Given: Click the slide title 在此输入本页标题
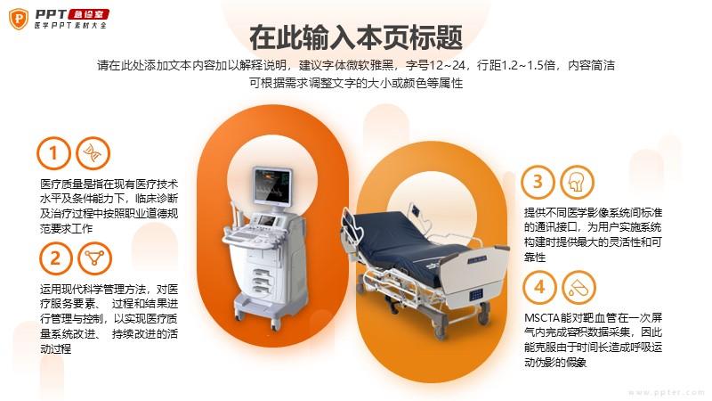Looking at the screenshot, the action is click(356, 37).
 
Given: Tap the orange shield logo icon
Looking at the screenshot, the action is click(19, 19).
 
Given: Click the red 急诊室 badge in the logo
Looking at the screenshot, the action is click(88, 14).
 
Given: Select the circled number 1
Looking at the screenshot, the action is click(53, 153).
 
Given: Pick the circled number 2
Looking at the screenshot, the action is click(55, 258).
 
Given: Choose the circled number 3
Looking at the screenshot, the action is click(538, 182).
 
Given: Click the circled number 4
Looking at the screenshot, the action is click(539, 287).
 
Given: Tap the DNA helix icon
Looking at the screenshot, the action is click(93, 153).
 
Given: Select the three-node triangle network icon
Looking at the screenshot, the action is click(94, 258).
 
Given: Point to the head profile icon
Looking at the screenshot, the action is click(577, 182).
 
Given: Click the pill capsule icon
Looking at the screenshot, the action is click(578, 287).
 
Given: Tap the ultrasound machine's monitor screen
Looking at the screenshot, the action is click(272, 186).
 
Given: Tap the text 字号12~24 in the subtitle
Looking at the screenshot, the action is click(435, 65).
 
